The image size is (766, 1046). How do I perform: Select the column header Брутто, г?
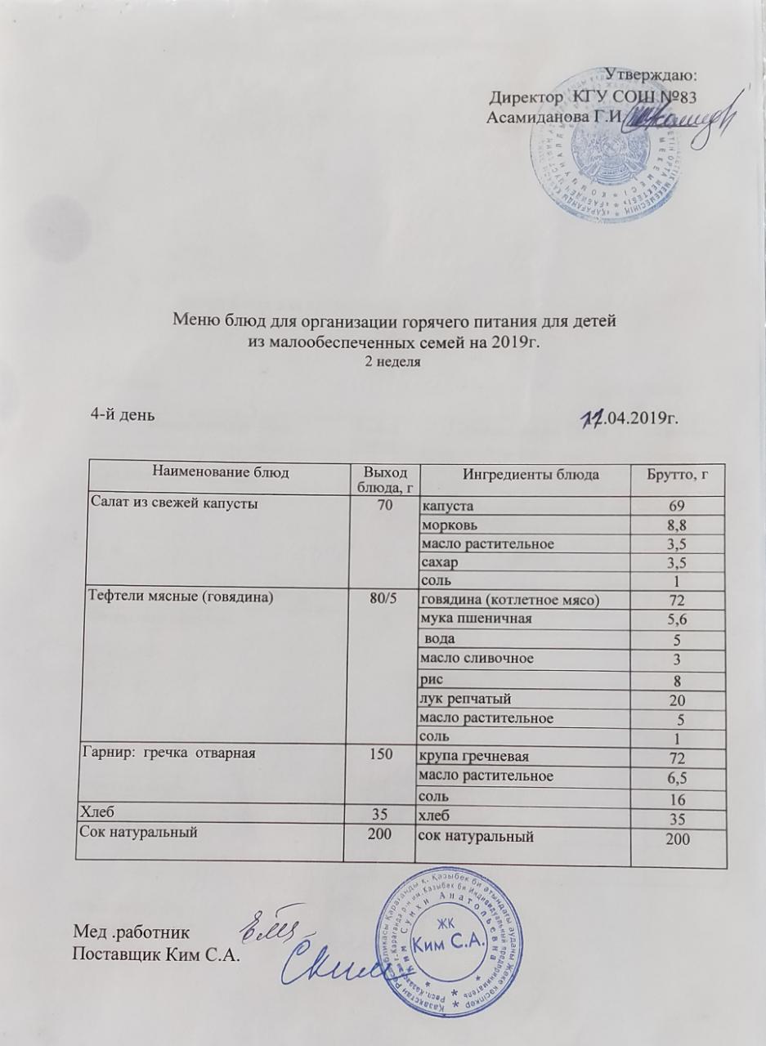(676, 475)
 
